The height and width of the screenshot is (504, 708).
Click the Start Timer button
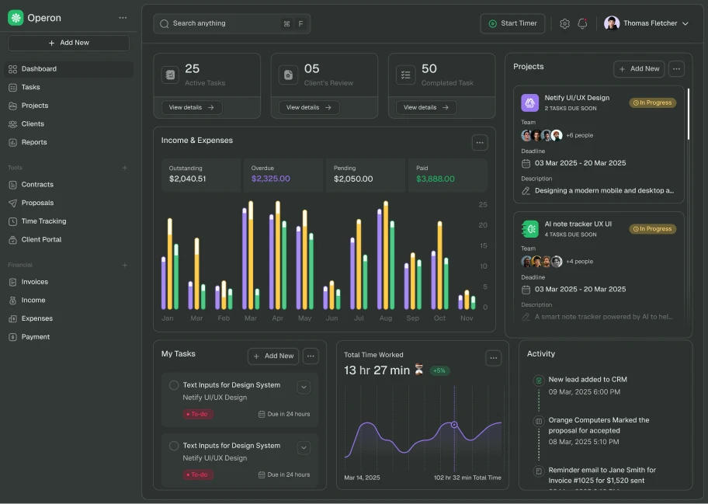coord(512,23)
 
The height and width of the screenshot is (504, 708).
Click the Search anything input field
coord(217,23)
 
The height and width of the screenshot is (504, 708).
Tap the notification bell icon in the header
coord(582,23)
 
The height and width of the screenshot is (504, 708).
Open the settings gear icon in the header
coord(564,23)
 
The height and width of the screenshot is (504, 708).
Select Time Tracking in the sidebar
coord(43,221)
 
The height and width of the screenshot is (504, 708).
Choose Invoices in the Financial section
coord(35,282)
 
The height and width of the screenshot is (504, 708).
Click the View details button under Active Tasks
coord(192,107)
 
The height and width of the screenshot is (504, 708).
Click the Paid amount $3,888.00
coord(436,179)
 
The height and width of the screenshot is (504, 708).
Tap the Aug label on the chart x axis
coord(386,318)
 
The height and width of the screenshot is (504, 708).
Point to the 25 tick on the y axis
coord(483,205)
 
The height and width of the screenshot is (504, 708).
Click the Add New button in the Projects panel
coord(639,68)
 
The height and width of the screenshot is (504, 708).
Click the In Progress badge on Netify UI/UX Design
coord(652,103)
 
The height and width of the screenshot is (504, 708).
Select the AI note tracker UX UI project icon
coord(530,228)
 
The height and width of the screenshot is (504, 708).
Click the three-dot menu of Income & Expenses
coord(480,142)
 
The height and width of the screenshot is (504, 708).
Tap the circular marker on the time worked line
coord(454,425)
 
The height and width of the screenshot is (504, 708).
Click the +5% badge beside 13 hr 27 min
coord(439,370)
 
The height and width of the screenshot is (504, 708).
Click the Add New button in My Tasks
coord(273,356)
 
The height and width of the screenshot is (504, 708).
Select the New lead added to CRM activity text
coord(588,380)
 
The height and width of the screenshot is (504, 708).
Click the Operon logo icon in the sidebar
coord(16,18)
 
